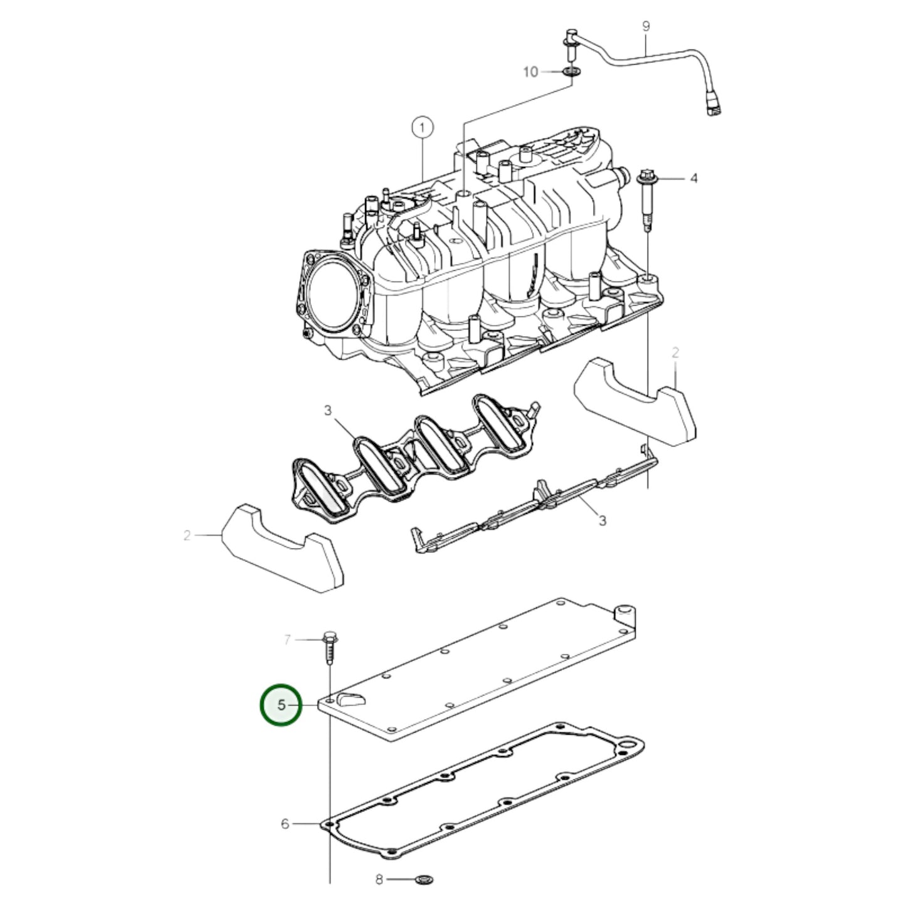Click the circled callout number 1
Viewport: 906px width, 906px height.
coord(422,127)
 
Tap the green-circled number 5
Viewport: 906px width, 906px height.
coord(281,719)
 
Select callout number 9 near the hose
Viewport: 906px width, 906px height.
coord(646,26)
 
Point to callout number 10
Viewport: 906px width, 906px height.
coord(530,72)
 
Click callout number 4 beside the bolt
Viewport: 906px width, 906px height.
coord(694,178)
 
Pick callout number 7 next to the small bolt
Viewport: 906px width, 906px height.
coord(287,640)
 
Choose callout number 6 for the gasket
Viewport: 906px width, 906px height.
coord(285,824)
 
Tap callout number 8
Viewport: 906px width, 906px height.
coord(379,879)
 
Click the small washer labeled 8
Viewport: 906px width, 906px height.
coord(425,879)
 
